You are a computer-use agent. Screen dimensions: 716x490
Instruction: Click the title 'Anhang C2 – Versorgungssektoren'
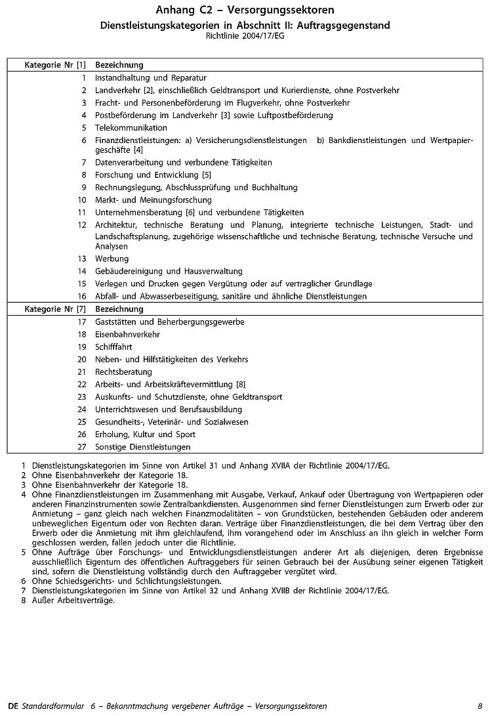245,11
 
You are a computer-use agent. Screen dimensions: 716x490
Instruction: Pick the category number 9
84,187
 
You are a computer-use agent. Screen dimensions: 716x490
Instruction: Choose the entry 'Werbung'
112,259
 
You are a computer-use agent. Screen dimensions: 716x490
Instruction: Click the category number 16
82,296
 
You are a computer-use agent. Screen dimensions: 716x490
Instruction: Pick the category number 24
82,409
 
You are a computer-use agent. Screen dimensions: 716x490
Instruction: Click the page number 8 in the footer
480,705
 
